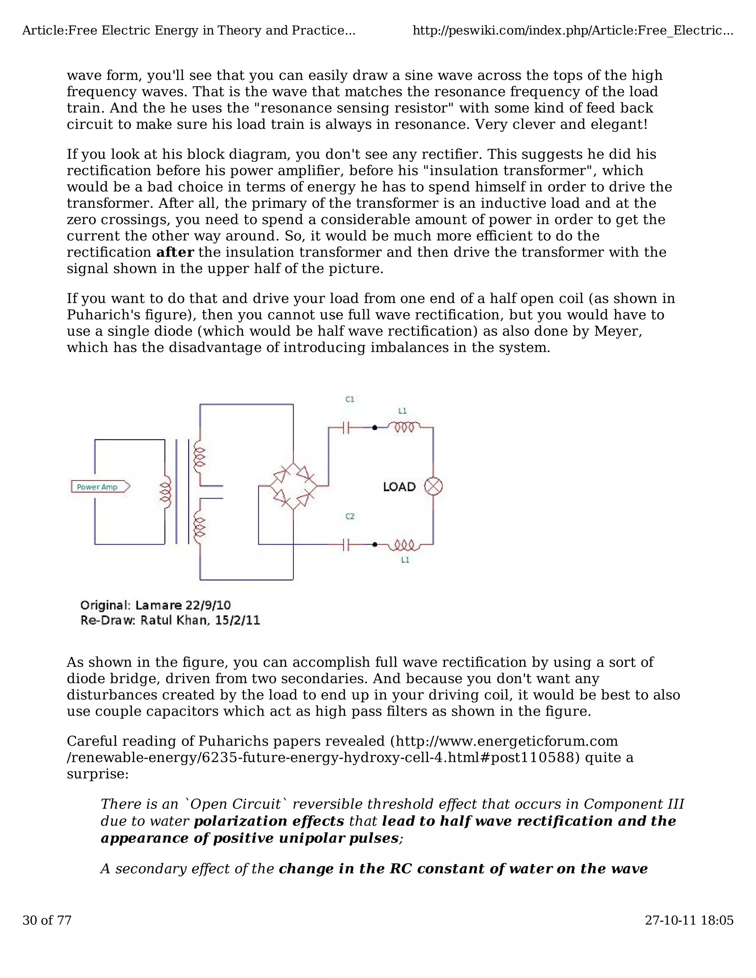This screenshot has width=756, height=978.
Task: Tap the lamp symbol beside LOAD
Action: (x=433, y=487)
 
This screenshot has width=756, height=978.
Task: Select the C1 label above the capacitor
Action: (x=350, y=399)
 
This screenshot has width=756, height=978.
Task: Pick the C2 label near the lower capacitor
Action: (x=350, y=516)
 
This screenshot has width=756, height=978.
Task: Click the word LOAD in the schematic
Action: (x=399, y=487)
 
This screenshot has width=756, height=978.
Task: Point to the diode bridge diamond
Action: (x=293, y=486)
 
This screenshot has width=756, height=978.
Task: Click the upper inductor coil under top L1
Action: (x=407, y=428)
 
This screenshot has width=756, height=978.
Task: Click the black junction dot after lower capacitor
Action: (x=375, y=544)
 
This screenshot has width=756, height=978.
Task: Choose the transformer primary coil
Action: (x=166, y=492)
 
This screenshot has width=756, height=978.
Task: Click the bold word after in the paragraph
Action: (x=175, y=252)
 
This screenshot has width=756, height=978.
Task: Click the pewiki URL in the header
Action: (x=573, y=31)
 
